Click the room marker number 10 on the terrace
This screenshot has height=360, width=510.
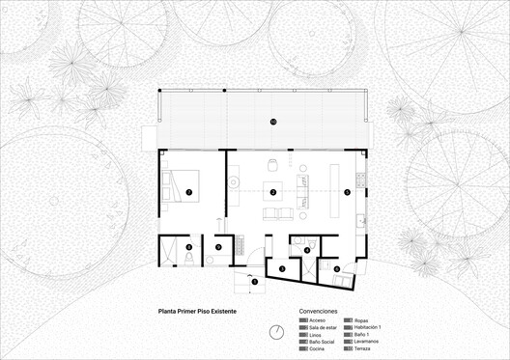(273, 122)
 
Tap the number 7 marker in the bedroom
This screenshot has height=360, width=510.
(189, 193)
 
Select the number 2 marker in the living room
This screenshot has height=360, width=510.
(273, 193)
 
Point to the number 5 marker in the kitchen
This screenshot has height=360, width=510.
(347, 192)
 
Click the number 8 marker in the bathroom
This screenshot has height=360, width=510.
(189, 247)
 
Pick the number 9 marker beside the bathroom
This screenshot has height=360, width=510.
(219, 247)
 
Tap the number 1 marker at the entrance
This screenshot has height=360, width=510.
(255, 282)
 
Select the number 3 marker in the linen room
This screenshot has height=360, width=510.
(282, 268)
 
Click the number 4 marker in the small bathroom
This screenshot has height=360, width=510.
(307, 251)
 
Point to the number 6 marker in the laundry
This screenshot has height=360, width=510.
(337, 268)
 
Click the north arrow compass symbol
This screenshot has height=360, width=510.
(277, 332)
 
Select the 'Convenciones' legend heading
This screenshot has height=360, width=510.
(318, 313)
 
